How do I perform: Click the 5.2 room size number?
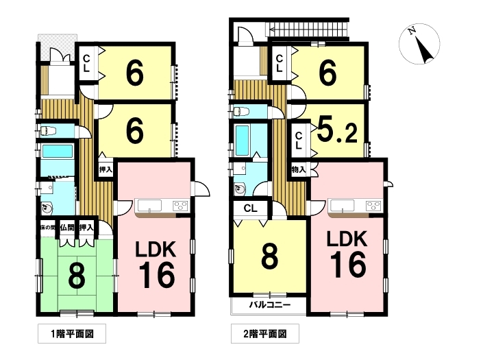(337, 131)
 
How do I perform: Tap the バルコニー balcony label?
(270, 305)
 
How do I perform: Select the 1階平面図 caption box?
(72, 333)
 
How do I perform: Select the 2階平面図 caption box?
(265, 333)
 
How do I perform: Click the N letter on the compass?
(412, 31)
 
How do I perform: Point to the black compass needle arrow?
(424, 50)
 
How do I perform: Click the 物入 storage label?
(299, 169)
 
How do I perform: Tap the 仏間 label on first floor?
(67, 228)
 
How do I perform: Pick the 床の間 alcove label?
(48, 228)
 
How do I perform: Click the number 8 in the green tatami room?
(77, 276)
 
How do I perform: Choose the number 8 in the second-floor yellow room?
(270, 256)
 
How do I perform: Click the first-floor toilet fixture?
(48, 131)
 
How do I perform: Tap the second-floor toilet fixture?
(241, 111)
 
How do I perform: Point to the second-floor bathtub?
(242, 141)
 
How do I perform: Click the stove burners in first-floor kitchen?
(180, 206)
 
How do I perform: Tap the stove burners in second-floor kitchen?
(373, 206)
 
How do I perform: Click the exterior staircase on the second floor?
(308, 29)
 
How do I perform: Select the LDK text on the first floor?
(156, 250)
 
